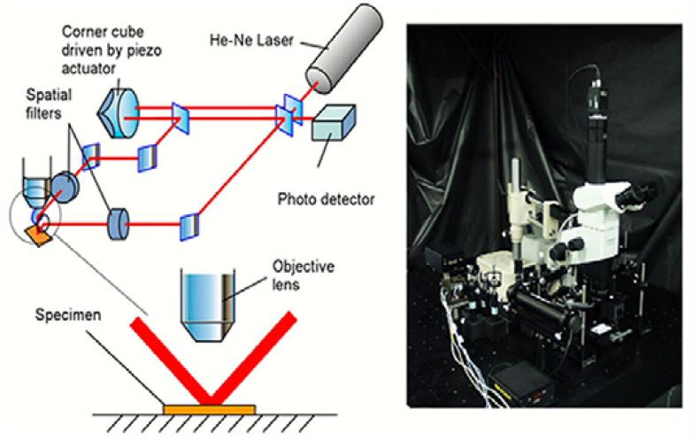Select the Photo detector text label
point(325,200)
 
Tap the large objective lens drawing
point(207,304)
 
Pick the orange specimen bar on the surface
point(210,409)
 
